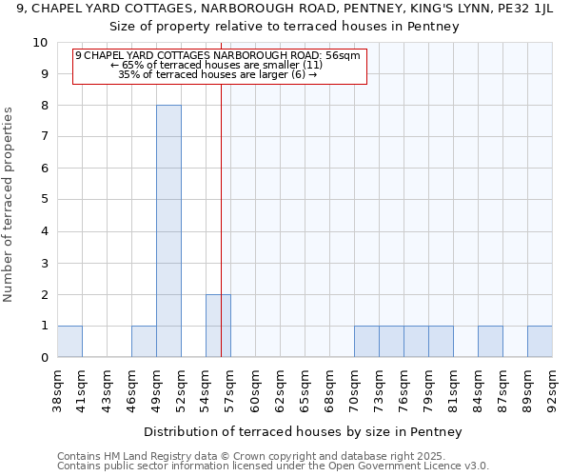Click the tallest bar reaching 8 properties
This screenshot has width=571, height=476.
[x=168, y=231]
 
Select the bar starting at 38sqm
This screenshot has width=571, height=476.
[x=69, y=342]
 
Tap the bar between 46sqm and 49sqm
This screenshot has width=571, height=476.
[x=144, y=342]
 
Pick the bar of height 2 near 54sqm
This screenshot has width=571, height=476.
[x=218, y=326]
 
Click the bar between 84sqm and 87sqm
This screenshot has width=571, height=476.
[x=490, y=342]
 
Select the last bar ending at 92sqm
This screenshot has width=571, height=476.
[x=540, y=342]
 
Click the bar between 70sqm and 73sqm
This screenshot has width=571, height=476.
[x=366, y=342]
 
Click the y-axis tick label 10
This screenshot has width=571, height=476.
[x=40, y=43]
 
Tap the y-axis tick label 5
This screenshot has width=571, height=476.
[x=44, y=200]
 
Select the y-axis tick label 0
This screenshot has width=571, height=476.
[x=44, y=358]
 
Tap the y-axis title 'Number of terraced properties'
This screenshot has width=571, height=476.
[x=9, y=205]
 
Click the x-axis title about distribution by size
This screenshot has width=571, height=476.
[x=305, y=431]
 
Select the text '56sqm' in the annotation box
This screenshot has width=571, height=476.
[x=343, y=56]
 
